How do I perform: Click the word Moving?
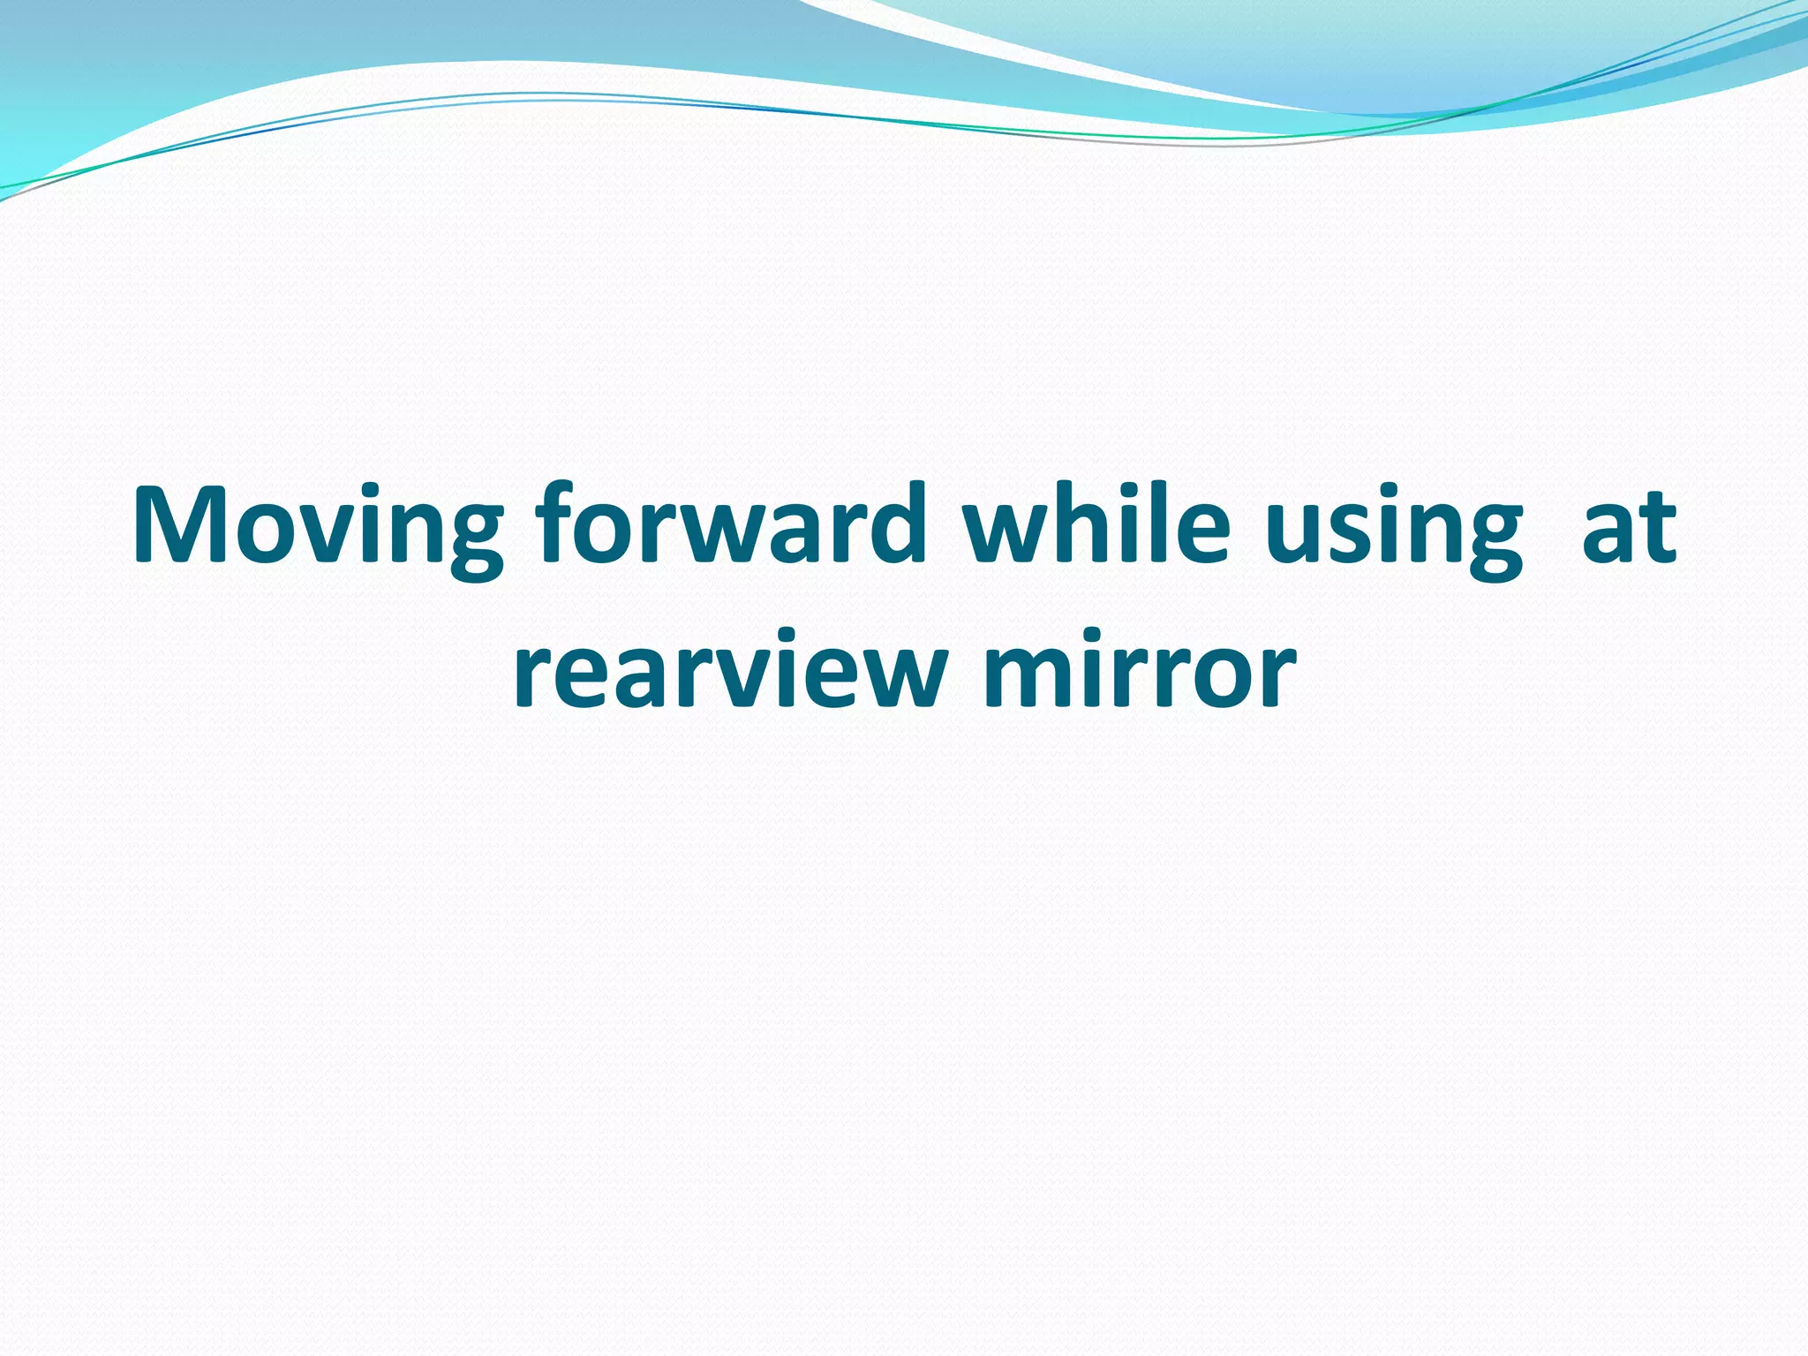point(317,528)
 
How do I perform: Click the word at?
point(1628,528)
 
